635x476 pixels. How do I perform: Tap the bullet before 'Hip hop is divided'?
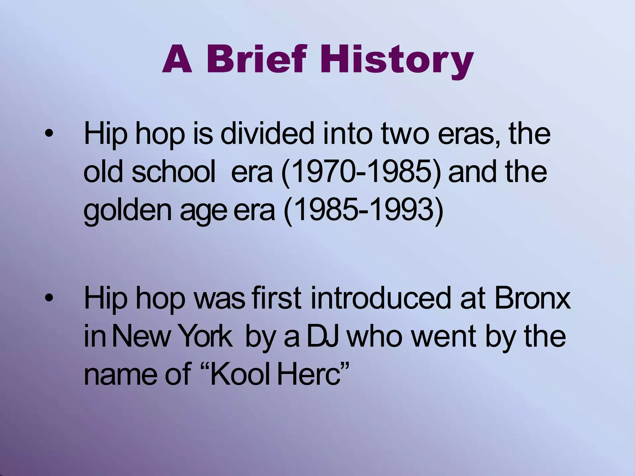(x=49, y=134)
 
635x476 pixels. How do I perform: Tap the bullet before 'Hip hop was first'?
(x=49, y=298)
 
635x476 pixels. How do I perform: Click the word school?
(x=174, y=172)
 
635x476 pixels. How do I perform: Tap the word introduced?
(x=380, y=298)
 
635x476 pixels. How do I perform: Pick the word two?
(x=404, y=134)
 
